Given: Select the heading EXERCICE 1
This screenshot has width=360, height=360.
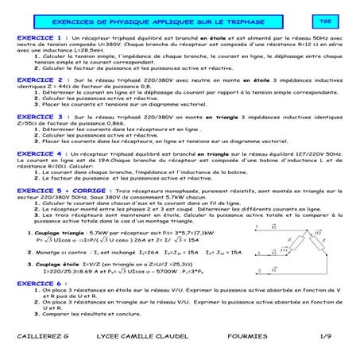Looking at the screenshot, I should click(x=40, y=37).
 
